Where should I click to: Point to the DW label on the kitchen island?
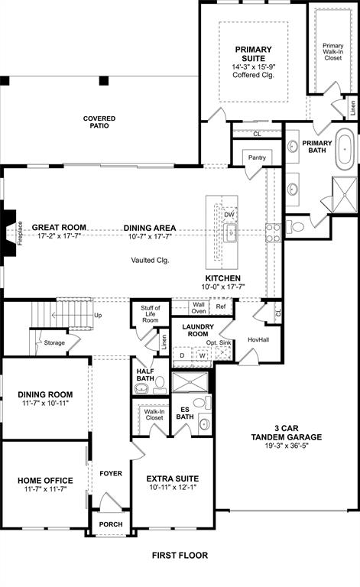(x=229, y=215)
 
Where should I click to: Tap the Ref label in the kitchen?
(x=220, y=307)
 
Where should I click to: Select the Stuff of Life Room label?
(x=150, y=315)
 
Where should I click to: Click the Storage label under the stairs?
(x=54, y=343)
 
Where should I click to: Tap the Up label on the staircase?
(x=97, y=315)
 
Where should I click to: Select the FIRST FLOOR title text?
(x=180, y=555)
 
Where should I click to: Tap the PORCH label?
(x=111, y=524)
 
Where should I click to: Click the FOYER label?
(x=111, y=474)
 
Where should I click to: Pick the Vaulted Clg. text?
(x=149, y=260)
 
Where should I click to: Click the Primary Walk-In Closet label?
(x=332, y=51)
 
